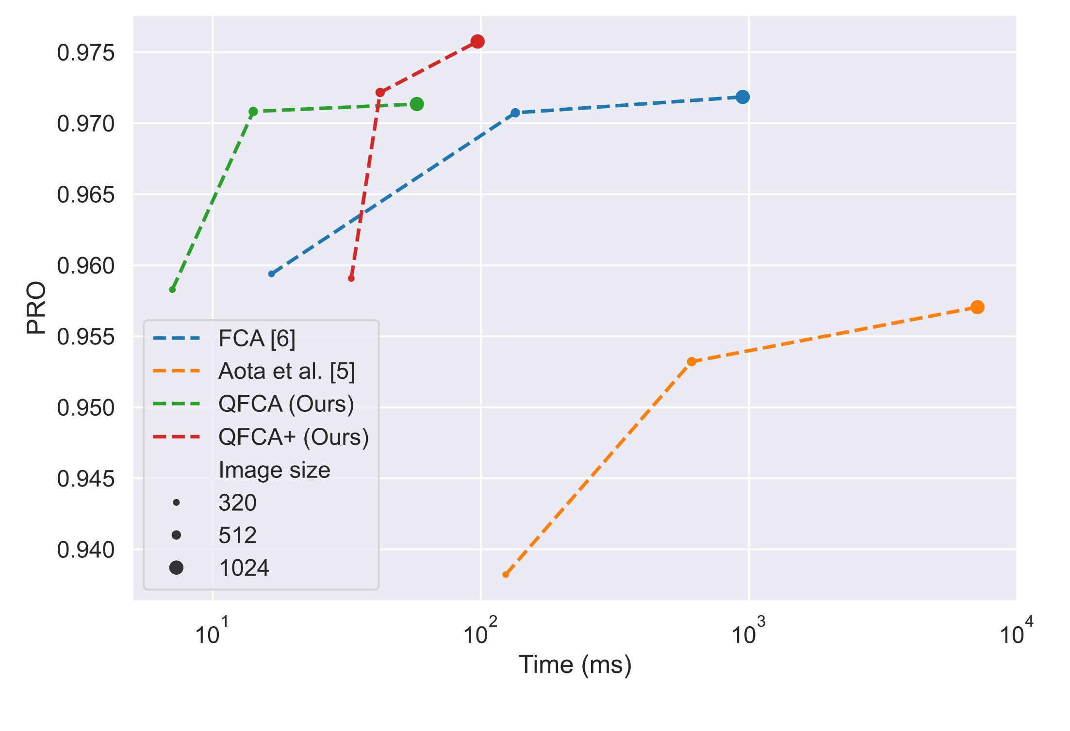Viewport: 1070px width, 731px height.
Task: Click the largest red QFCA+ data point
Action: click(477, 42)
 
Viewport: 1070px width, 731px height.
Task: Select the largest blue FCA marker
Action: click(742, 97)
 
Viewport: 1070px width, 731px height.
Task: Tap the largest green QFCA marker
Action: click(416, 104)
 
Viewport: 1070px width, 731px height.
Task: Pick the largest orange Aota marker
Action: click(977, 307)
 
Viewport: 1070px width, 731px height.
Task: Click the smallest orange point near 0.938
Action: click(506, 574)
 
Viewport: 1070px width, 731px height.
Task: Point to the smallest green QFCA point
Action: click(172, 290)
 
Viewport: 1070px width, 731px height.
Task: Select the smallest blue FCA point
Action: click(272, 274)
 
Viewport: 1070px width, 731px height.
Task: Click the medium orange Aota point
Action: click(691, 361)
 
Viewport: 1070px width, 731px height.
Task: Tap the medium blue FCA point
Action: click(515, 113)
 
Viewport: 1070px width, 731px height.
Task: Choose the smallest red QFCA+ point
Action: click(351, 278)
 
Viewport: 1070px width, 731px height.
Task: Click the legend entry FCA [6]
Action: click(257, 339)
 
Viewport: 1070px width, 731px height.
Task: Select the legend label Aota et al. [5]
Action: click(286, 372)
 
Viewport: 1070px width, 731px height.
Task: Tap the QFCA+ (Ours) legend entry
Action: click(294, 437)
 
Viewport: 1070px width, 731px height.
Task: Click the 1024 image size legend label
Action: click(244, 568)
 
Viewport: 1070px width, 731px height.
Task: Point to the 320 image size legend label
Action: click(237, 503)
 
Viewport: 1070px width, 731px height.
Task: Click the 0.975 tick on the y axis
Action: click(86, 53)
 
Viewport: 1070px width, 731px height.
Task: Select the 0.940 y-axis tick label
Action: click(86, 550)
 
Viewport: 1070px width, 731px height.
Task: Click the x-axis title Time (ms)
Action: click(575, 665)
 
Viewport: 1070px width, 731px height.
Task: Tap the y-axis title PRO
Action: click(36, 308)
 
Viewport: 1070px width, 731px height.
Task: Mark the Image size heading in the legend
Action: click(274, 470)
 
